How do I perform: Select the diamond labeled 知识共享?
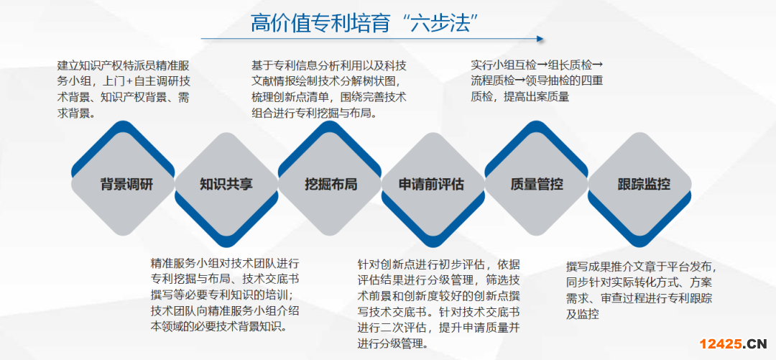tap(226, 185)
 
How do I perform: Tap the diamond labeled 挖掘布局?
tap(330, 185)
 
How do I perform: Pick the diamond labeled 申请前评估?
tap(433, 185)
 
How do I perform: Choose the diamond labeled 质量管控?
tap(537, 185)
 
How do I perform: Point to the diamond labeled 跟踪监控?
tap(640, 185)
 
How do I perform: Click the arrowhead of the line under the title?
tap(540, 39)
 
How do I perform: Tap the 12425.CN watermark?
tap(733, 343)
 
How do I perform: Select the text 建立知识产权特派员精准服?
tap(124, 66)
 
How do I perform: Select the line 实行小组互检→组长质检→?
tap(537, 65)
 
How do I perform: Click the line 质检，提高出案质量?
tap(519, 97)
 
